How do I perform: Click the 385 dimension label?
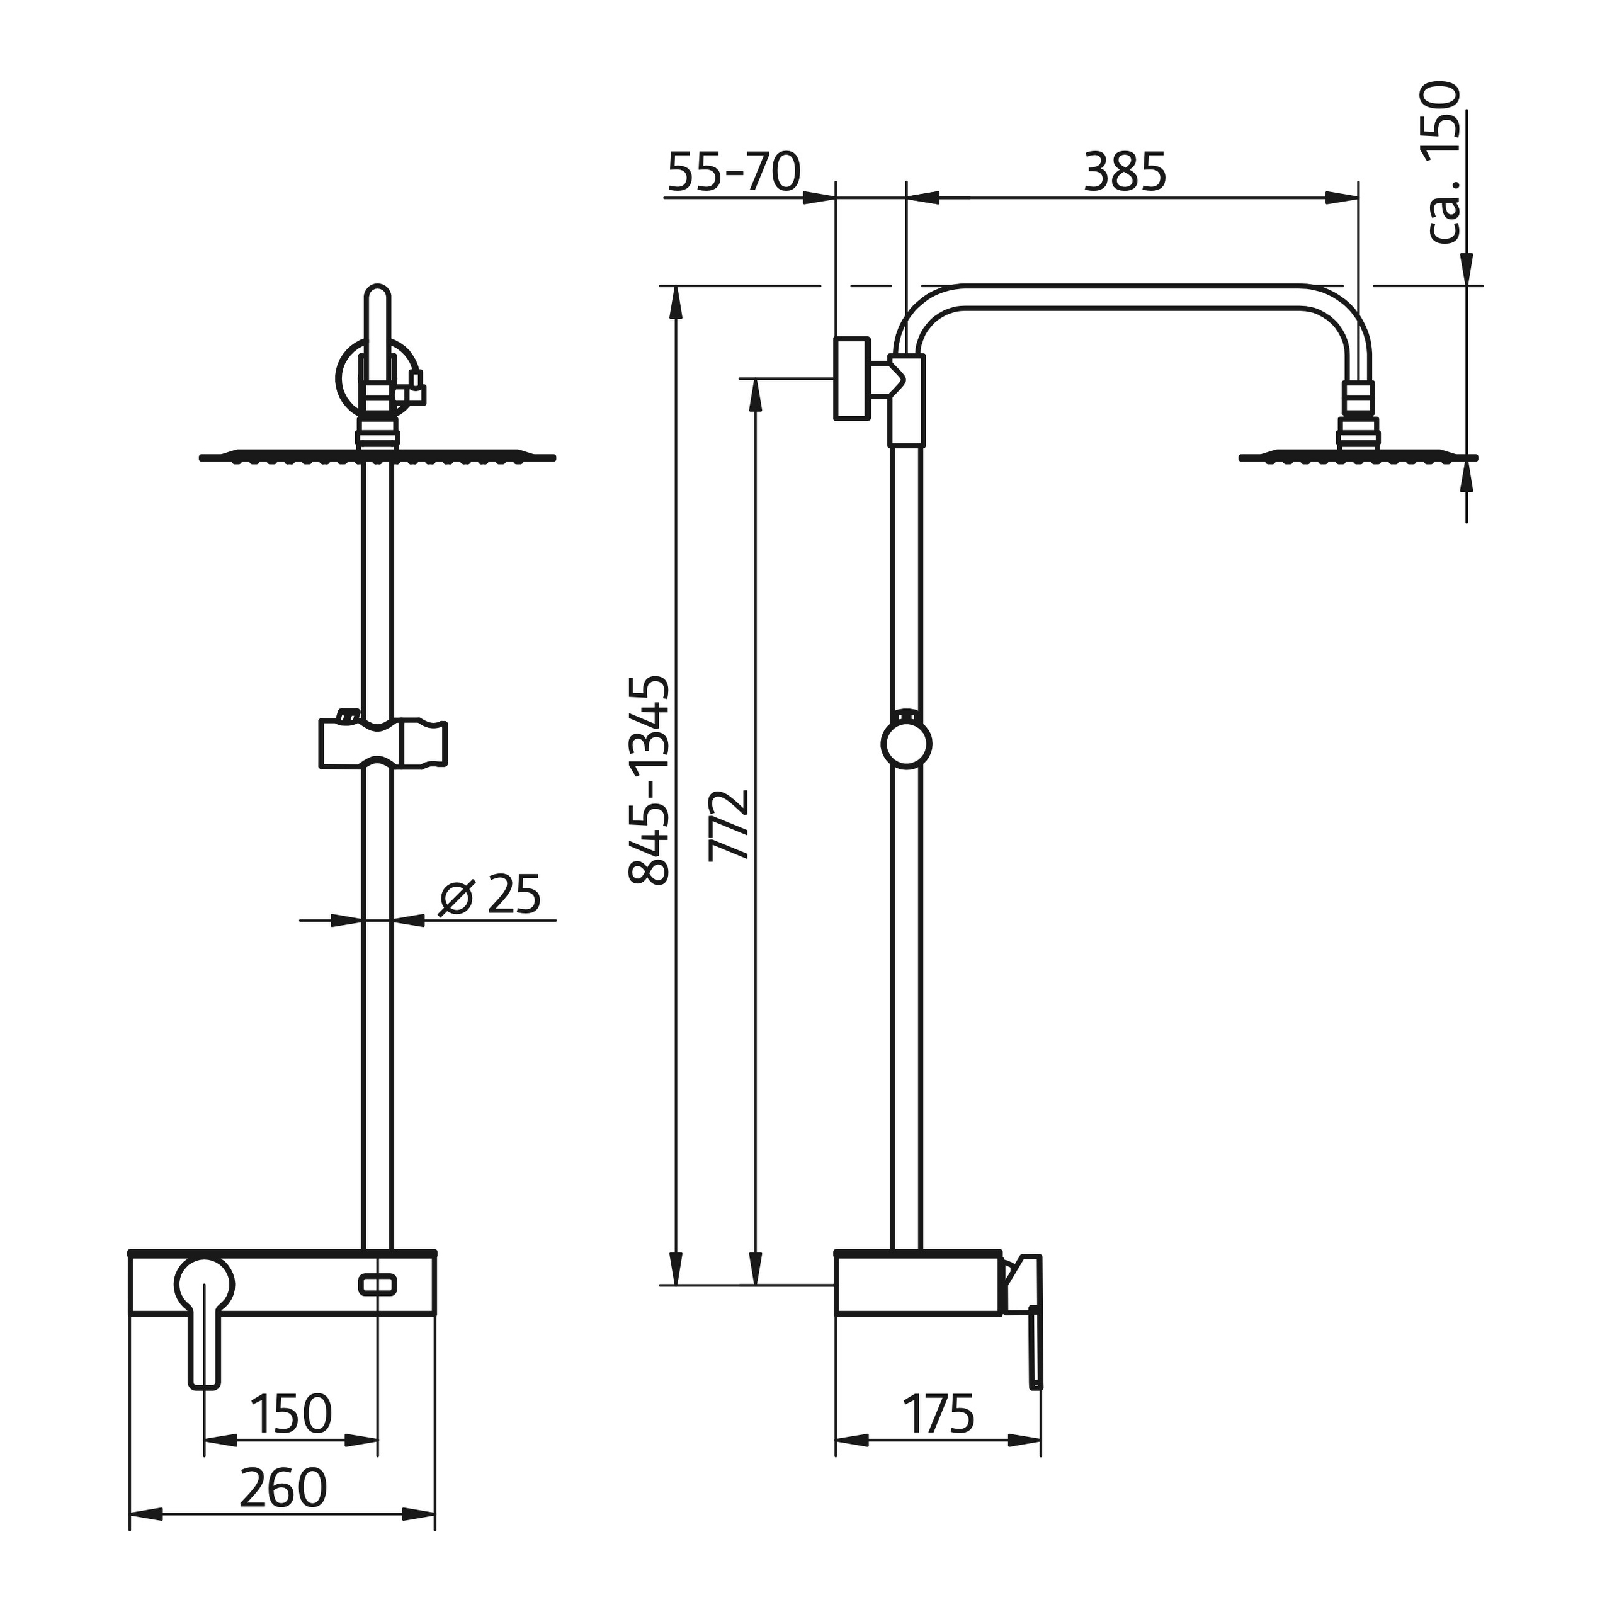point(1125,173)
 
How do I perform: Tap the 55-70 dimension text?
point(734,173)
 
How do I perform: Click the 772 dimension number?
point(729,824)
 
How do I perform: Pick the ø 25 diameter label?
point(490,895)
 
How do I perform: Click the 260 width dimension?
point(283,1488)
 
